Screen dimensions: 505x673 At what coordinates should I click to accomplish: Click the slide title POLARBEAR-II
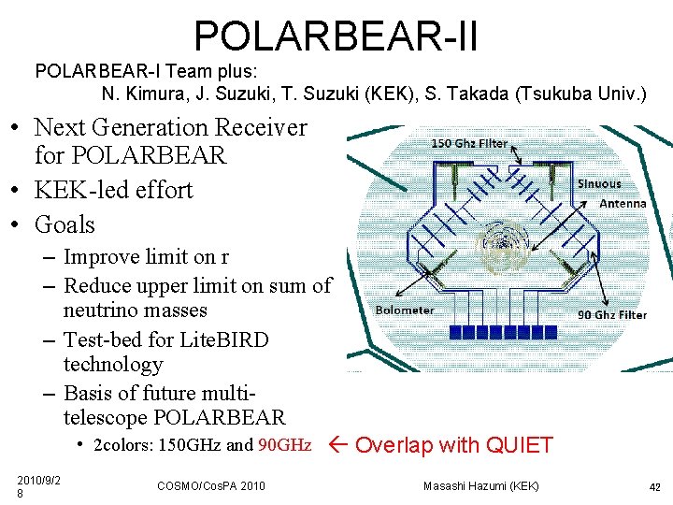(x=336, y=36)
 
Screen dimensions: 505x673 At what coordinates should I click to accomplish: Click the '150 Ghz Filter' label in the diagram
(x=469, y=143)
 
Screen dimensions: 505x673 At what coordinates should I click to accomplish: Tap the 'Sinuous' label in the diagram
(x=599, y=184)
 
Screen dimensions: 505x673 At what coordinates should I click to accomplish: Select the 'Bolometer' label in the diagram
(x=404, y=310)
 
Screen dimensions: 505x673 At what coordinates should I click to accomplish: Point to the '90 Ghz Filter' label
(x=612, y=315)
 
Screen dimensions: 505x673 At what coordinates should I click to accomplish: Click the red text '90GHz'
(x=284, y=445)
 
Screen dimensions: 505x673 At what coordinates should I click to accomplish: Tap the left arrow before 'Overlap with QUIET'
(x=340, y=445)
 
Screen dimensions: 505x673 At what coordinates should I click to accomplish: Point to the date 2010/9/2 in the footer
(x=39, y=480)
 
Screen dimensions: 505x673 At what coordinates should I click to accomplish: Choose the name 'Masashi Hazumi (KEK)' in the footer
(x=480, y=485)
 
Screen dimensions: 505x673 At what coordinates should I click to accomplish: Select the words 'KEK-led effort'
(x=113, y=190)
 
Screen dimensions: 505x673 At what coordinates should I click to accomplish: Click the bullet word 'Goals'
(x=64, y=224)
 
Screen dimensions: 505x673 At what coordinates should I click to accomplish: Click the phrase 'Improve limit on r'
(x=146, y=257)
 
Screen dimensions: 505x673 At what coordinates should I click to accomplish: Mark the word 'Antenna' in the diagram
(x=623, y=203)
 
